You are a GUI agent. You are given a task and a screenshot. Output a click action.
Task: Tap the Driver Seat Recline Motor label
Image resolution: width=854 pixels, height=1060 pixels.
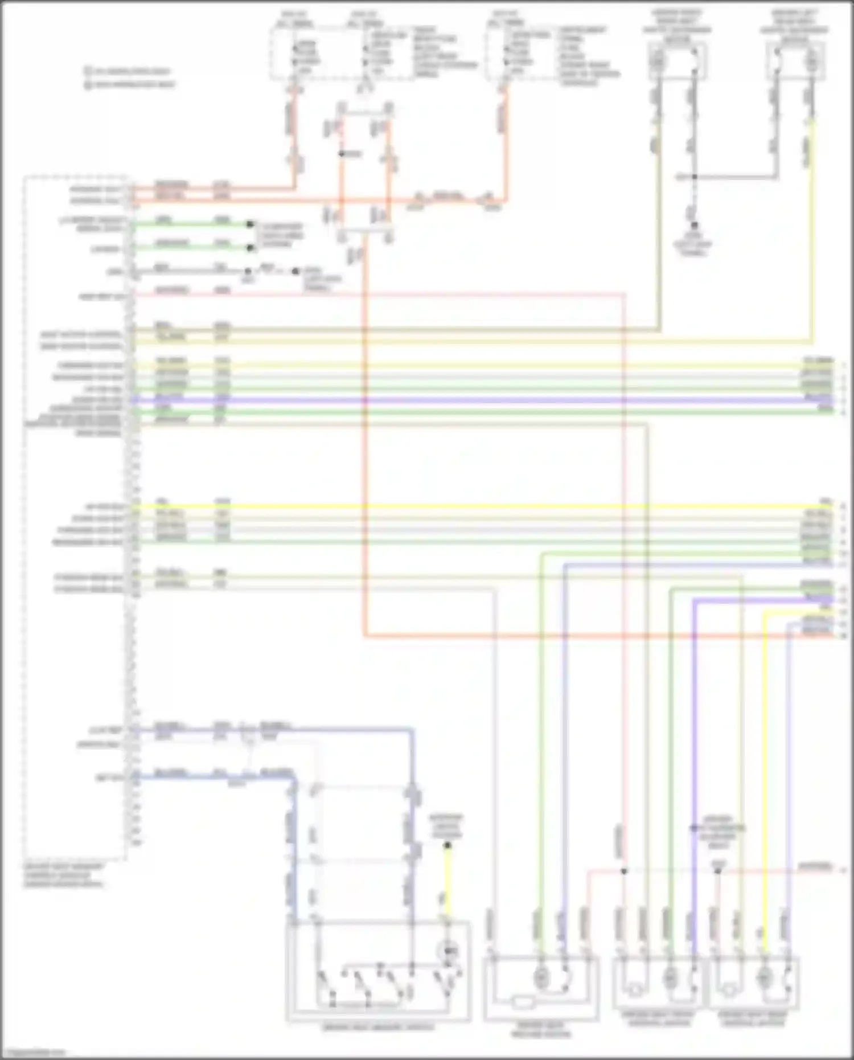click(x=541, y=1029)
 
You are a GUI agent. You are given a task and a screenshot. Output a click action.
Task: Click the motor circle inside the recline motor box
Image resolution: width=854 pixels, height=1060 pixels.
click(x=541, y=977)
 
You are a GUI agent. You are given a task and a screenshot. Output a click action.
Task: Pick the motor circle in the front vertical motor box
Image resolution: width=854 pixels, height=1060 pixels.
click(x=670, y=977)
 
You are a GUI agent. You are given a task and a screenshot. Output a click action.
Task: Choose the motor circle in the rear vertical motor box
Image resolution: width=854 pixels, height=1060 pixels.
click(x=764, y=977)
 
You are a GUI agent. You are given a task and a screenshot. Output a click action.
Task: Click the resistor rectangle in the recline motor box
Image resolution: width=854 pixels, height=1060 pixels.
click(x=522, y=1001)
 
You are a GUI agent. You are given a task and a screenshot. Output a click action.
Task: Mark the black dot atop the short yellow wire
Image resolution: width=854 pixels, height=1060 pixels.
click(x=447, y=845)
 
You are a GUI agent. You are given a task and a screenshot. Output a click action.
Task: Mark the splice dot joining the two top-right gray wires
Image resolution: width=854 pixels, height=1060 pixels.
click(x=694, y=177)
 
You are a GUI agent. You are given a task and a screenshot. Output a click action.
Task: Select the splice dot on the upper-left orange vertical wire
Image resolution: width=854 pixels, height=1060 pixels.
click(x=341, y=154)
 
